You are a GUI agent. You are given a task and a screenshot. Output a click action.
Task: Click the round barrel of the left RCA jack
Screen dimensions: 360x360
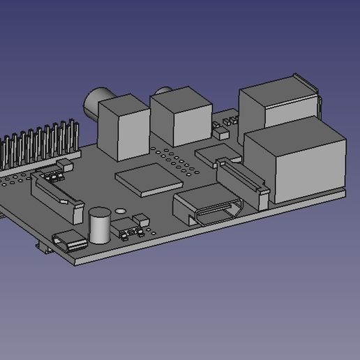pos(93,103)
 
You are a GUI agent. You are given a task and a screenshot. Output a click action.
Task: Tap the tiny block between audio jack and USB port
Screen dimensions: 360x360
pos(223,130)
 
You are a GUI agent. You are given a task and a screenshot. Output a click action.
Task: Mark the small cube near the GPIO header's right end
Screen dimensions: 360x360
pos(67,165)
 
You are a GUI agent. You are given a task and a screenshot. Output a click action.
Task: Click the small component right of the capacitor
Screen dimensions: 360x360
pos(132,227)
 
